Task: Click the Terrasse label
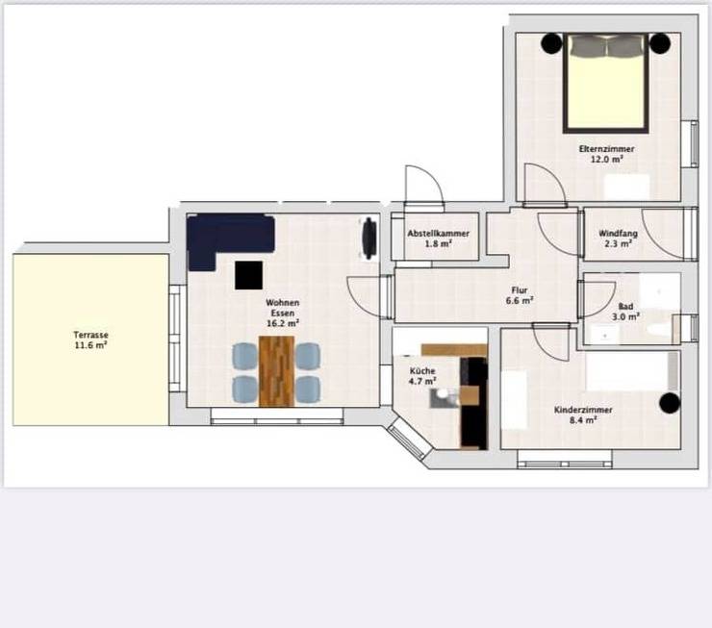coord(90,335)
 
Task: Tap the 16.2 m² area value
coord(283,323)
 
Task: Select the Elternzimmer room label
coord(606,149)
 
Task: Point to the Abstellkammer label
coord(438,234)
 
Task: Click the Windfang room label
coord(618,234)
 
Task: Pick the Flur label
coord(519,290)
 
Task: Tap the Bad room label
coord(625,307)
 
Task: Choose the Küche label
coord(422,371)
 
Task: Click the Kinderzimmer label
coord(583,410)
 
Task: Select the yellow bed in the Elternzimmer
coord(606,84)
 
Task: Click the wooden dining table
coord(276,370)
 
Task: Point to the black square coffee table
coord(248,275)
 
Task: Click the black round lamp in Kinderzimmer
coord(670,403)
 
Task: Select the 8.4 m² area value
coord(583,420)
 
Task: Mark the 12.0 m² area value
coord(606,160)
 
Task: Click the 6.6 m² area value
coord(519,301)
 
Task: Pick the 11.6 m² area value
coord(90,345)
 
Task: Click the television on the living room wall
coord(369,239)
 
